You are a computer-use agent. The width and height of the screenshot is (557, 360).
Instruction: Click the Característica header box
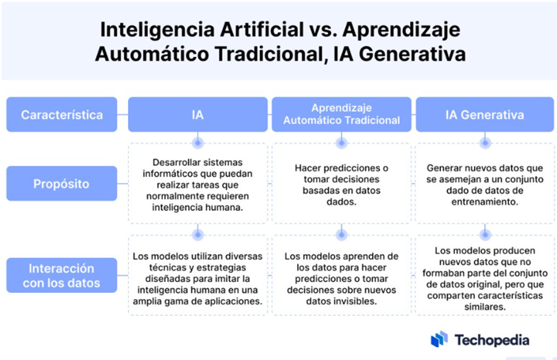[x=62, y=114]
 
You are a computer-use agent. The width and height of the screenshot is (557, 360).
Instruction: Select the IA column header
[x=198, y=114]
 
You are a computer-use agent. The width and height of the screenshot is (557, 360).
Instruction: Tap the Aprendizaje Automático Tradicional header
[x=341, y=114]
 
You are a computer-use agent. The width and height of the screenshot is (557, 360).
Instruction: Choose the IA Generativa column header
[x=485, y=114]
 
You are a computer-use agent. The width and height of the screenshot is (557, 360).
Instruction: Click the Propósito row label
[x=62, y=183]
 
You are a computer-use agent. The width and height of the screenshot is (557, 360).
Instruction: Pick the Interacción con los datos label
[x=62, y=276]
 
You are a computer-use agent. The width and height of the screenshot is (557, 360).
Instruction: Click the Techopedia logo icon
[x=439, y=339]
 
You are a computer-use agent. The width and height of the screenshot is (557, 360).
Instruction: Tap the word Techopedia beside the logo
[x=492, y=339]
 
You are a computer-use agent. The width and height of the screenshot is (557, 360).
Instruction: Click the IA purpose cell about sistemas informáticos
[x=198, y=185]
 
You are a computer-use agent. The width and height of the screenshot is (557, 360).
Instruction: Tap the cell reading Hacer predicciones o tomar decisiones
[x=341, y=185]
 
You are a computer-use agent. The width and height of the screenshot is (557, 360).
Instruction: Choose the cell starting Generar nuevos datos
[x=485, y=185]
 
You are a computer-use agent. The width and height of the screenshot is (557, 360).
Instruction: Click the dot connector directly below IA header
[x=198, y=143]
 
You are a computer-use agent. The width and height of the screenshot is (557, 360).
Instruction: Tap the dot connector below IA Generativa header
[x=485, y=143]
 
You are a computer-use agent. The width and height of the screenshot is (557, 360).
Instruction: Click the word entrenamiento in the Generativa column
[x=485, y=201]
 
